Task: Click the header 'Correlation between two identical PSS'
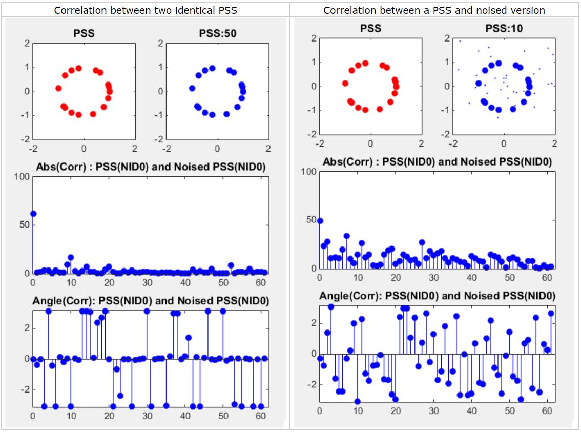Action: coord(145,10)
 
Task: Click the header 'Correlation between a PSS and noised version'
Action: coord(435,10)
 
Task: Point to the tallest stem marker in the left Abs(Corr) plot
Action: coord(33,213)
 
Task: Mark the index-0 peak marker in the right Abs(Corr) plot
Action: coord(320,221)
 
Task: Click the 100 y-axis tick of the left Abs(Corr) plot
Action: coord(23,177)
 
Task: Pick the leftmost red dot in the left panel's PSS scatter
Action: coord(58,88)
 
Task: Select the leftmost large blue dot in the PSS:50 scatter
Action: coord(192,88)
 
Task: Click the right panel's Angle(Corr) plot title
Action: coord(437,296)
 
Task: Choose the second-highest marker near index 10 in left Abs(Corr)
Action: coord(71,257)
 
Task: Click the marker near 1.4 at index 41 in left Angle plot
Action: coord(189,338)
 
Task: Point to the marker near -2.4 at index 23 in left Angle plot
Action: coord(120,396)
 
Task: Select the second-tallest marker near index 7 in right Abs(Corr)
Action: coord(347,236)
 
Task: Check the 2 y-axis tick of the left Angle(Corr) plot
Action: coord(26,328)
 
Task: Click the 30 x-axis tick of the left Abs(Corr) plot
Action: coord(147,282)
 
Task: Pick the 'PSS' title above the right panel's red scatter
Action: coord(370,28)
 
